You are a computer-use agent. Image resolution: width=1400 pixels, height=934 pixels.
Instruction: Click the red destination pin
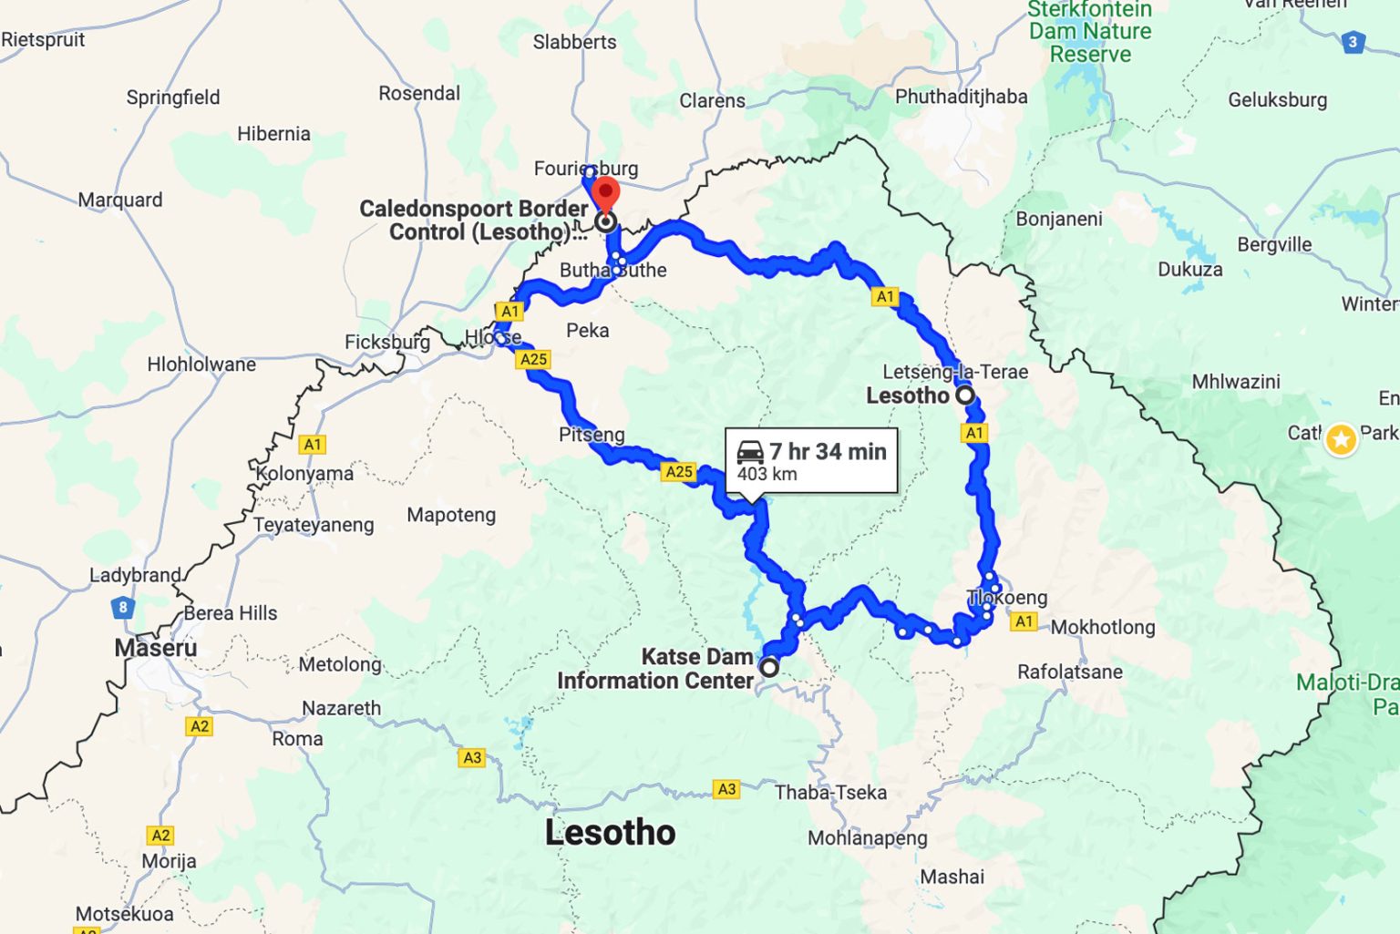(x=606, y=195)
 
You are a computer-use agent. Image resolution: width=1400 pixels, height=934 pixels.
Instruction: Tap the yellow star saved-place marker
(x=1341, y=439)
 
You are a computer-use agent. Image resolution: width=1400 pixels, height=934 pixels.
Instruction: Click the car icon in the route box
(x=750, y=451)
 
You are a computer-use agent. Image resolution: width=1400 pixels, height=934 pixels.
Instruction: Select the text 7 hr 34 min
(x=828, y=451)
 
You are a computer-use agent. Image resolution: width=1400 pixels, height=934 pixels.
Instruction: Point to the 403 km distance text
(x=767, y=474)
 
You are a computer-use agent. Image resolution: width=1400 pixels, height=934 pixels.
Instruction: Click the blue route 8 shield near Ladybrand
(x=122, y=607)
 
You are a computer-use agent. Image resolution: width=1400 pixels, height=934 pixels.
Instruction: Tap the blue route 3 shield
(x=1353, y=42)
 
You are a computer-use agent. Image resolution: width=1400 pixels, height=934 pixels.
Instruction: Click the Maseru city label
(x=155, y=648)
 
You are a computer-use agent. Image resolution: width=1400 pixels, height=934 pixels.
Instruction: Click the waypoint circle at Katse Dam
(x=769, y=667)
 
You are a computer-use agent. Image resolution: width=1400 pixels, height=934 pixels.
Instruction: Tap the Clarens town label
(x=712, y=100)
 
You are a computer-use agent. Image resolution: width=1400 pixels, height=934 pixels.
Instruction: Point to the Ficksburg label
(x=386, y=342)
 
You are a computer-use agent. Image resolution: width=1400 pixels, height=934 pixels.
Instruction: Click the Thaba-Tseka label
(x=830, y=792)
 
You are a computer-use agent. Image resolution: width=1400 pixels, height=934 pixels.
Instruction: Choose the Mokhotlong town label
(x=1103, y=627)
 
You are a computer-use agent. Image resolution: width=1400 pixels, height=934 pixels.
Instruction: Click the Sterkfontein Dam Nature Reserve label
(x=1090, y=32)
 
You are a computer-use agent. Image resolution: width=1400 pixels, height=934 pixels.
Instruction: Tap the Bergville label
(x=1274, y=244)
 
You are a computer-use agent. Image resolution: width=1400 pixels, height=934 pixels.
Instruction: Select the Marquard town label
(x=120, y=200)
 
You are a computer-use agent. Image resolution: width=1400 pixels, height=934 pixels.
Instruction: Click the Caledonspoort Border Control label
(x=474, y=221)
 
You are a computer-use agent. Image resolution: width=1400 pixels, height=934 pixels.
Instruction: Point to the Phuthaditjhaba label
(x=961, y=97)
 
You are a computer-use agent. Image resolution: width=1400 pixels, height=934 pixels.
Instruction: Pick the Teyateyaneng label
(x=314, y=525)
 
